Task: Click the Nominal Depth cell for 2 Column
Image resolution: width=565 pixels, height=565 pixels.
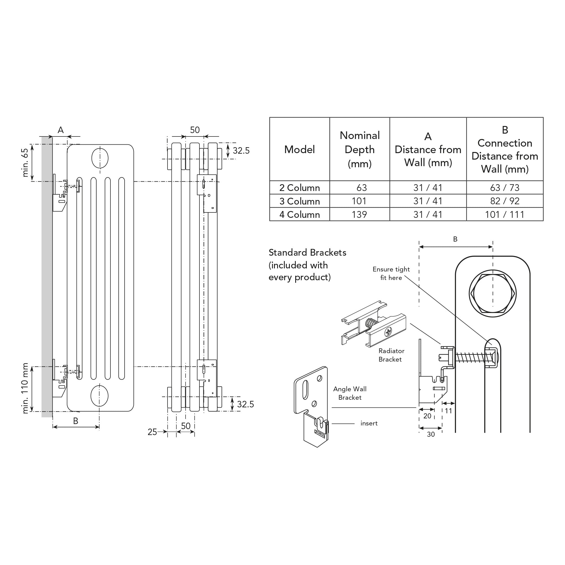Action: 362,188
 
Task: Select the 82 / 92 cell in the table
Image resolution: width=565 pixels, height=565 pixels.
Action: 505,201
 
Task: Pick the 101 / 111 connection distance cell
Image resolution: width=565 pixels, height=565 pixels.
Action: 505,215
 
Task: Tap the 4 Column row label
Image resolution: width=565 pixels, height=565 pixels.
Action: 299,215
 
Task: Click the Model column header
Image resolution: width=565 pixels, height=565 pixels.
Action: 299,149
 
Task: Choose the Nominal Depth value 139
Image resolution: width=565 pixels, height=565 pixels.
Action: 359,215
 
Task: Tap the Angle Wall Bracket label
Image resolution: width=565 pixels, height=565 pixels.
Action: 350,393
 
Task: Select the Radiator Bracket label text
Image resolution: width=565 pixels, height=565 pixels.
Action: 391,355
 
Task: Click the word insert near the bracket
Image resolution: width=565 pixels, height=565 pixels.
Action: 369,423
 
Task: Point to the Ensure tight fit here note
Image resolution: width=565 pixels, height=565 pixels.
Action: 391,273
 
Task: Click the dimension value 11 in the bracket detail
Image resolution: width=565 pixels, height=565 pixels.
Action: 448,411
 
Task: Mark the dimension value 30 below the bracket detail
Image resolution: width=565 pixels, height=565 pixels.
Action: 431,434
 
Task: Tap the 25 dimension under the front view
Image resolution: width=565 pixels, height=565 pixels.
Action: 152,432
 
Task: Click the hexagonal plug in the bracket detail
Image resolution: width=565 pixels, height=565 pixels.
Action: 492,293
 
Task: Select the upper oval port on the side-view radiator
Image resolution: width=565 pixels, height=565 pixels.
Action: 100,158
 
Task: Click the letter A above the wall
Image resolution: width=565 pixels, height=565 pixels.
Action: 60,130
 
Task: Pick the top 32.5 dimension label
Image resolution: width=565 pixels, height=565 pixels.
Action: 241,151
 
